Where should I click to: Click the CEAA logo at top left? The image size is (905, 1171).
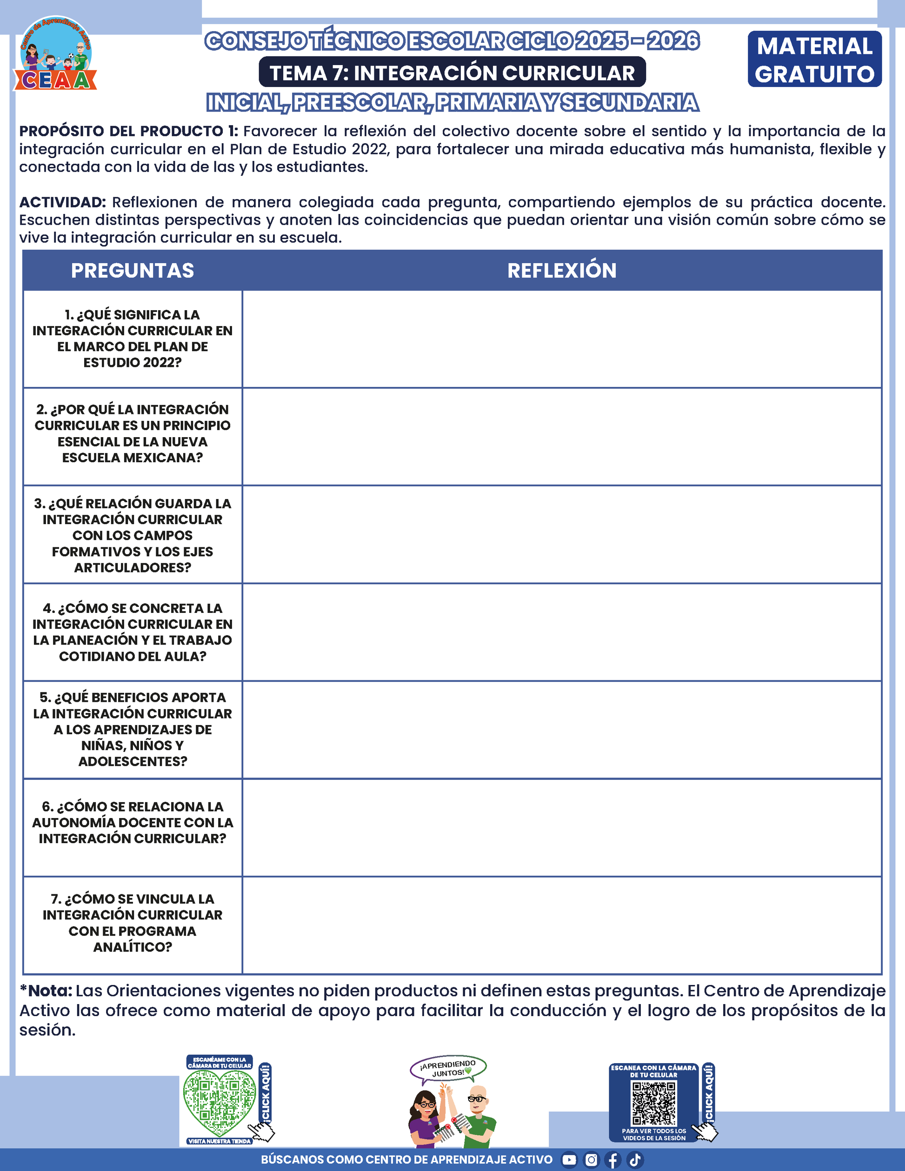pos(55,54)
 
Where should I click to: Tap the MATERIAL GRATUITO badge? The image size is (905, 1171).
pos(814,60)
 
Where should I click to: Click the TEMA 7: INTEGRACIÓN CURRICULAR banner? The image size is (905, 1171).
pos(452,73)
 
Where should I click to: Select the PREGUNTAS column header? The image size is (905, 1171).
pos(133,271)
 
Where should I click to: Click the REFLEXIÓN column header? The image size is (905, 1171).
pos(561,271)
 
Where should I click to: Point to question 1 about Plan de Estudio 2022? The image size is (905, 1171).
pos(133,338)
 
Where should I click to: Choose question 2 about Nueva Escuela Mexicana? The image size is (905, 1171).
pos(133,433)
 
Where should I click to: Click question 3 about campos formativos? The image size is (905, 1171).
pos(133,535)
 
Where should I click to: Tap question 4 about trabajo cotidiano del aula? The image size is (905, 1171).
pos(133,632)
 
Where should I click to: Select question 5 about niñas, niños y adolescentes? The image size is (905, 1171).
pos(133,729)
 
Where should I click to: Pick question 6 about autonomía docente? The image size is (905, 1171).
pos(133,823)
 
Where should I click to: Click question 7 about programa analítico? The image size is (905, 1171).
pos(133,923)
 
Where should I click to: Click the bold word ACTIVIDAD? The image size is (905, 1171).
pos(63,203)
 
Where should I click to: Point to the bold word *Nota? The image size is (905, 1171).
pos(46,991)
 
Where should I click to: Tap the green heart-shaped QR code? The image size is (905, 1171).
pos(220,1101)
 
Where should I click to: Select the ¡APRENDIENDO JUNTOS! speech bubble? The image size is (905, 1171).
pos(448,1068)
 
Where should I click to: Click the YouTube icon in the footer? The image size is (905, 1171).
pos(569,1160)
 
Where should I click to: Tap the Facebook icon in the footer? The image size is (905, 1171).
pos(613,1160)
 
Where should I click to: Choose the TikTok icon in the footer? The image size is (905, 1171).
pos(635,1160)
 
